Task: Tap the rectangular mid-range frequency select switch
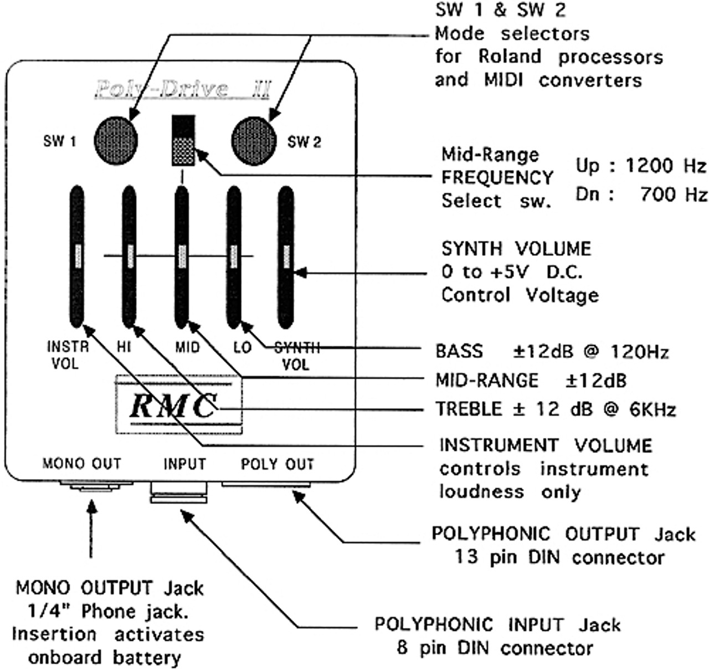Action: pos(183,141)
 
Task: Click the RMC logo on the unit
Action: pos(173,406)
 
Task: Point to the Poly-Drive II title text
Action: pos(182,89)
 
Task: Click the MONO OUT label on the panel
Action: pos(81,464)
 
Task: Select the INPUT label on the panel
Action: pos(184,464)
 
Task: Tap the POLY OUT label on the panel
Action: pos(277,464)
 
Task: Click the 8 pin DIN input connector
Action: pos(178,492)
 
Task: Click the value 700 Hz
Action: pos(674,194)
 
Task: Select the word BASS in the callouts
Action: pos(459,352)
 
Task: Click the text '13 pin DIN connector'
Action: pos(559,557)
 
